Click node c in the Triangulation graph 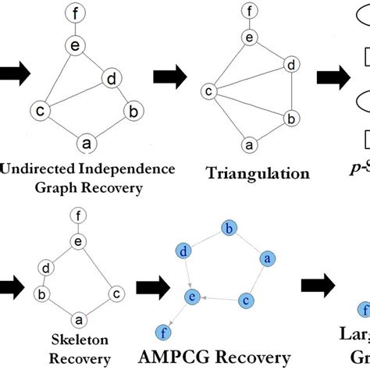click(209, 92)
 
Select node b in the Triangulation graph click(290, 119)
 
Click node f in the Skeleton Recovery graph click(76, 216)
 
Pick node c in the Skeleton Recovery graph click(115, 294)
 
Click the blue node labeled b click(228, 229)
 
